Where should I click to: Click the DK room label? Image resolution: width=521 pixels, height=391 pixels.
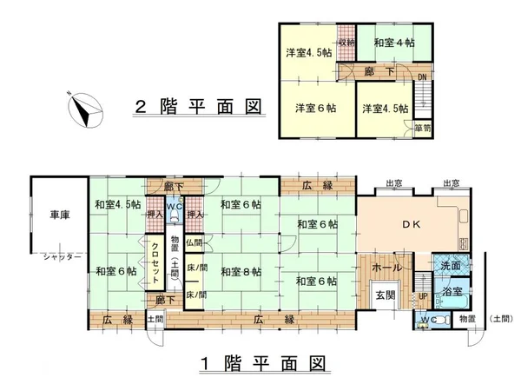point(411,224)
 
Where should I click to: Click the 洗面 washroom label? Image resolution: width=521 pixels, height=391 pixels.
point(450,265)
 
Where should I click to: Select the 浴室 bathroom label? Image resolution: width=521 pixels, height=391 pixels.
point(450,290)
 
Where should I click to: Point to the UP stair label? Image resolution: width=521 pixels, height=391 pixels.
point(423,297)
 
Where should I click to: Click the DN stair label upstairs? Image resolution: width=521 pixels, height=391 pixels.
point(421,77)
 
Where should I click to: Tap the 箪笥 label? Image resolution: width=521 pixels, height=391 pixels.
point(422,127)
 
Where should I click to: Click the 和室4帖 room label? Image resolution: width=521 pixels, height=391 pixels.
point(394,41)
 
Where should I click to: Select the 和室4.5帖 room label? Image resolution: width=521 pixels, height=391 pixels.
point(118,205)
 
